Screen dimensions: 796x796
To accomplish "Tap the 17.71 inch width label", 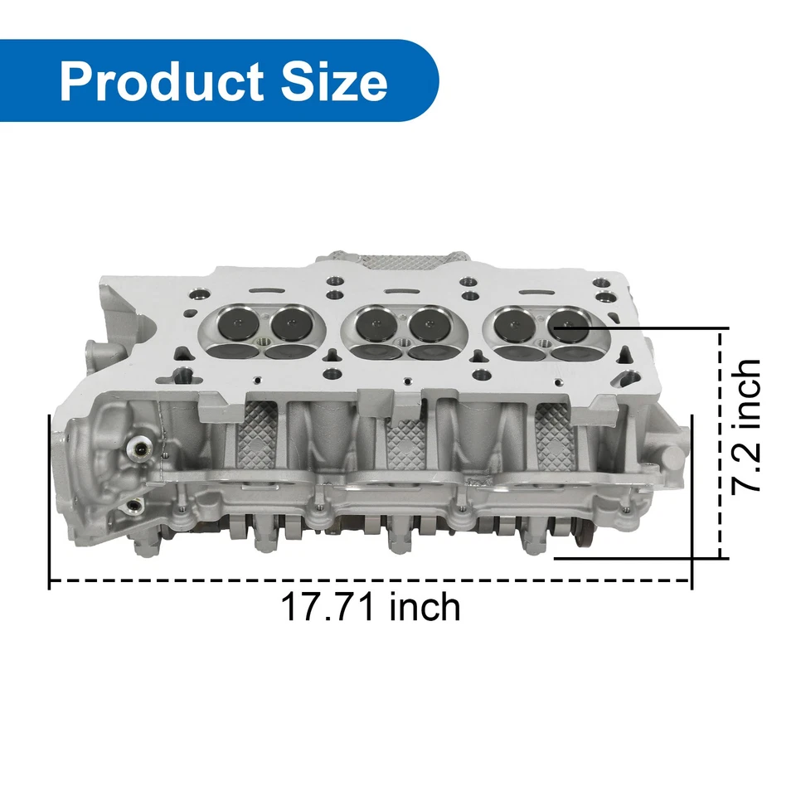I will (x=370, y=608).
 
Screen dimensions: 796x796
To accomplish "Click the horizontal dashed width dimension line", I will (x=370, y=581).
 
